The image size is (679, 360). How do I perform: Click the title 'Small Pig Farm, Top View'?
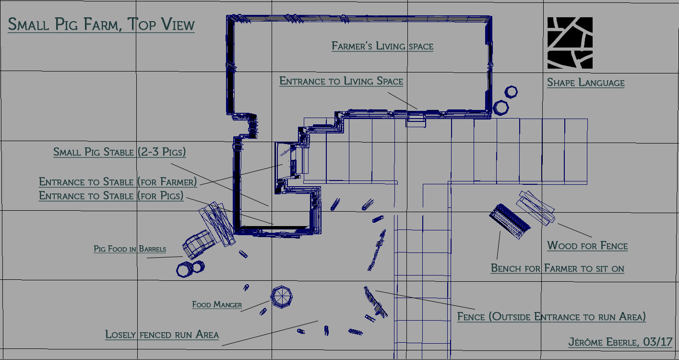coord(101,24)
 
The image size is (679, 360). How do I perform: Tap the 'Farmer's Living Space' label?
coord(382,46)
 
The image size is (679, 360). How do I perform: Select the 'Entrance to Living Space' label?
coord(341,81)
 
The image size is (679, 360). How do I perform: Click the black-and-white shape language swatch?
coord(570,43)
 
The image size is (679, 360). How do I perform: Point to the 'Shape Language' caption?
coord(585,83)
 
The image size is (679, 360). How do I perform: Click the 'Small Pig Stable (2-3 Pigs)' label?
coord(119,152)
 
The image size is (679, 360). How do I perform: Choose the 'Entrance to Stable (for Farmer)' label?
coord(118,181)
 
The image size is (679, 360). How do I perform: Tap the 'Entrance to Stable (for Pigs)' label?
coord(111,196)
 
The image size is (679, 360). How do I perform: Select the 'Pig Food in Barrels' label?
coord(130,249)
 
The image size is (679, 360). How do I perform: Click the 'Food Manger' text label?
coord(217,304)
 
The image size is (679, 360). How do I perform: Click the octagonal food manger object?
coord(281,297)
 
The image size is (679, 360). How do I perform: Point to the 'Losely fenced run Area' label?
coord(162,335)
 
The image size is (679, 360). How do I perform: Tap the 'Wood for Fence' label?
coord(587,246)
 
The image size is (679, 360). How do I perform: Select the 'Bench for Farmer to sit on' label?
coord(558,268)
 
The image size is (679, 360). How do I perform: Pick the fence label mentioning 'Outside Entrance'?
coord(551,317)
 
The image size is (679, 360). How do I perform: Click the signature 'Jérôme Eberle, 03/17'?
coord(620,342)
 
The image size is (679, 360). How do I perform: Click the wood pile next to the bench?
coord(536,208)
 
